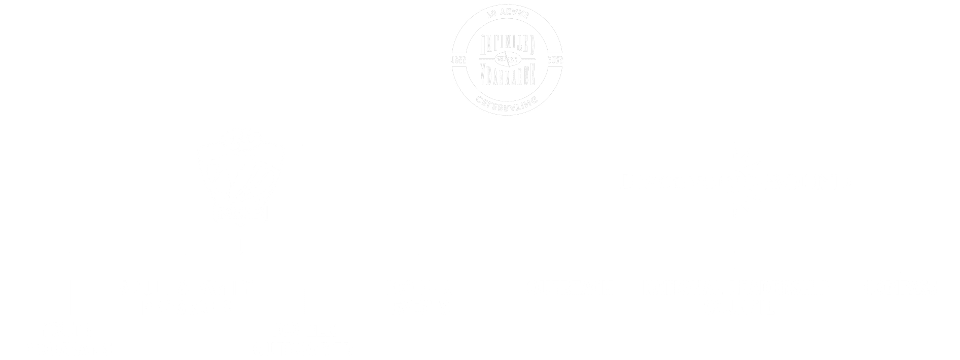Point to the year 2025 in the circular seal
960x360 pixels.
[x=556, y=60]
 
